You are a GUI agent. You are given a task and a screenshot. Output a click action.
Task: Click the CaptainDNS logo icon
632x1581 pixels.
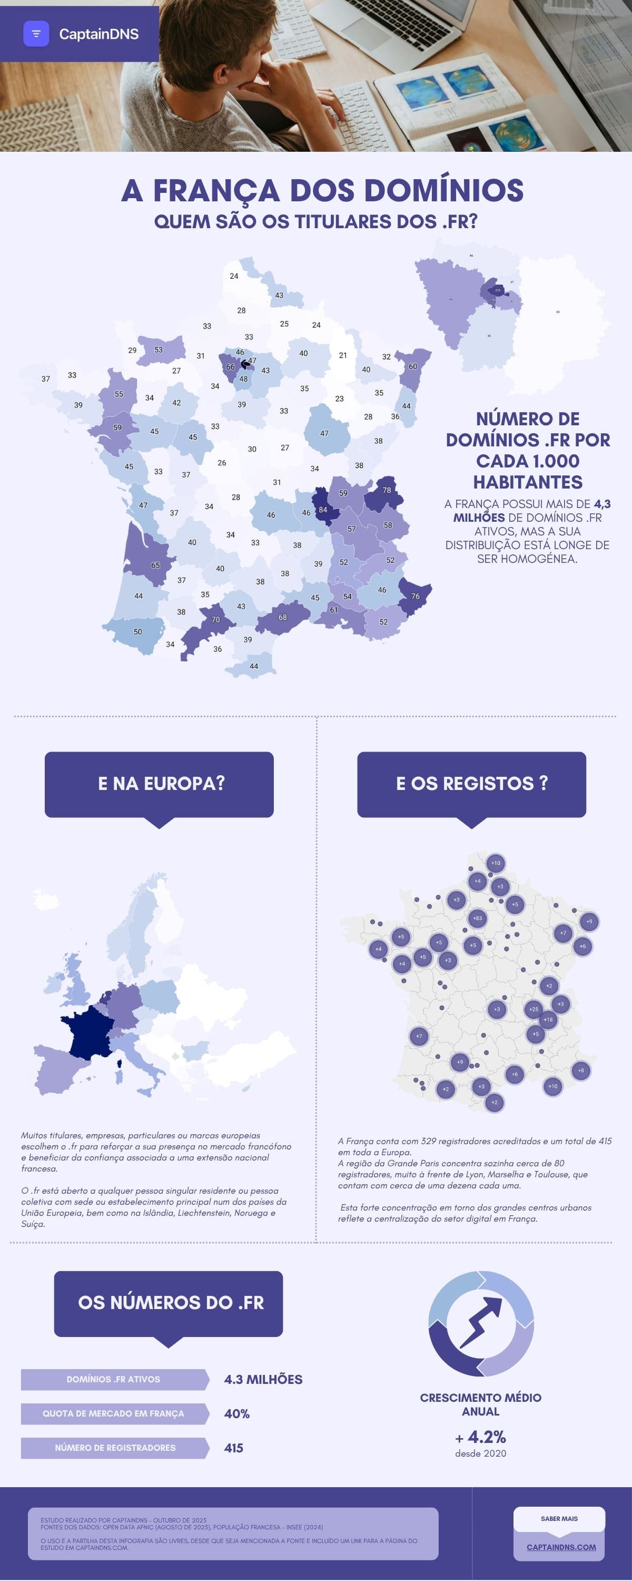[36, 34]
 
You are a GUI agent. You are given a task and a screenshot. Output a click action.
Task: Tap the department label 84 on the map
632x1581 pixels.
[323, 510]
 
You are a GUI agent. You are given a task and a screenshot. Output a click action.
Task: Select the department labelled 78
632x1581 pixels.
[387, 490]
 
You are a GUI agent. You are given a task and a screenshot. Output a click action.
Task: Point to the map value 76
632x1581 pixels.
[416, 596]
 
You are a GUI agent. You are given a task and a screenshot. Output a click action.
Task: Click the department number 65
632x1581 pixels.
[155, 565]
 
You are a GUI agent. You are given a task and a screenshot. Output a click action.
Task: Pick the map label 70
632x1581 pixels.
[215, 619]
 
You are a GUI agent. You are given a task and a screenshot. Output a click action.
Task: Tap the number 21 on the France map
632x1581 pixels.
[343, 355]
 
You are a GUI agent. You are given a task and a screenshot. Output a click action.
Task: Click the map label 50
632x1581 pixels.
[137, 631]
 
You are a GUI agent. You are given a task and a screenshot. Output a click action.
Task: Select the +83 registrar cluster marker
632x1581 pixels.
[477, 918]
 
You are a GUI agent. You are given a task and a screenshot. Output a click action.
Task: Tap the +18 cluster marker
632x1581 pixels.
[548, 1019]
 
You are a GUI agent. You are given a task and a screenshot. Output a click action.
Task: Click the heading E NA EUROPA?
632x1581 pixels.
[161, 783]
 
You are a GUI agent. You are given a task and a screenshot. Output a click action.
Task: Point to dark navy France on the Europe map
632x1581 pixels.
[89, 1031]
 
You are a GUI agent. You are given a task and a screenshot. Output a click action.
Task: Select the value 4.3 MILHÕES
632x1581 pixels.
[263, 1379]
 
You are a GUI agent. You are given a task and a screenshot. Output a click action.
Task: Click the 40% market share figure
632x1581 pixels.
[237, 1413]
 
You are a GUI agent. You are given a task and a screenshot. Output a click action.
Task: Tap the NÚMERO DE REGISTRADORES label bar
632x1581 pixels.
[115, 1447]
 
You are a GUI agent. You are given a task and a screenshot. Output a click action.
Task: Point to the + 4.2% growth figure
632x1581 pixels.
[481, 1437]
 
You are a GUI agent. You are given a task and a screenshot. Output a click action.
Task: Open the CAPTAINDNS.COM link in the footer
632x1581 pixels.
[561, 1547]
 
